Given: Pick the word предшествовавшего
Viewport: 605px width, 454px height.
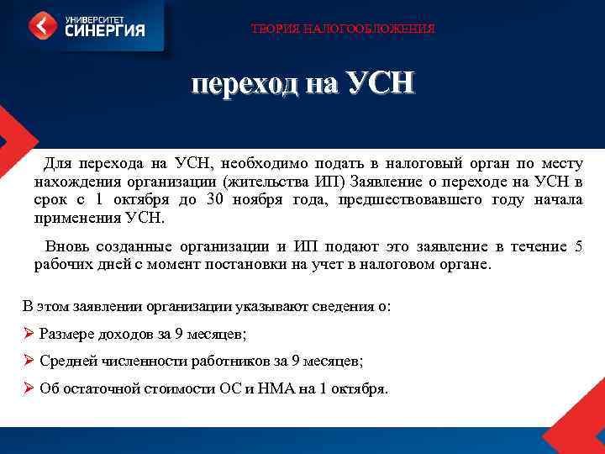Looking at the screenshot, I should tap(410, 200).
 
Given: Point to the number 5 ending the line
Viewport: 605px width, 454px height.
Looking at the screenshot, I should tap(577, 246).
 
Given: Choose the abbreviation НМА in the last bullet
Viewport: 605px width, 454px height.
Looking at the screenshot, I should tap(276, 389).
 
